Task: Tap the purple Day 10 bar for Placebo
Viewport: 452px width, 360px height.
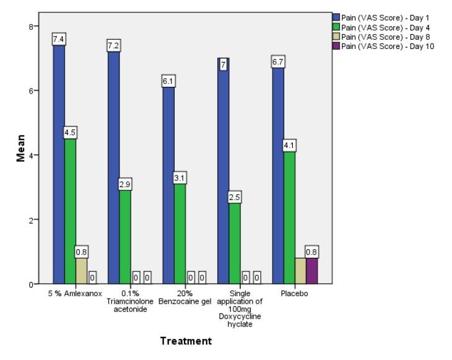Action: [311, 270]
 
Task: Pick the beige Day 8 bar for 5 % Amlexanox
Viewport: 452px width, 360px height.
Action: [82, 270]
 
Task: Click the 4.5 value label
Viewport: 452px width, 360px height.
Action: [70, 133]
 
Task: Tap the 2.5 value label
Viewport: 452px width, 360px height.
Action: [234, 198]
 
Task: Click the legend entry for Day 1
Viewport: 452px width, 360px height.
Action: [380, 17]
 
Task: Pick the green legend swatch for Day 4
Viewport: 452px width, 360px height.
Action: [336, 27]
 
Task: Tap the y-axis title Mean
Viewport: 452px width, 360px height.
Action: [21, 149]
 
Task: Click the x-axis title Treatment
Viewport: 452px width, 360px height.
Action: [186, 341]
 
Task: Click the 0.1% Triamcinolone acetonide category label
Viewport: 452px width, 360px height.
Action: [126, 301]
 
